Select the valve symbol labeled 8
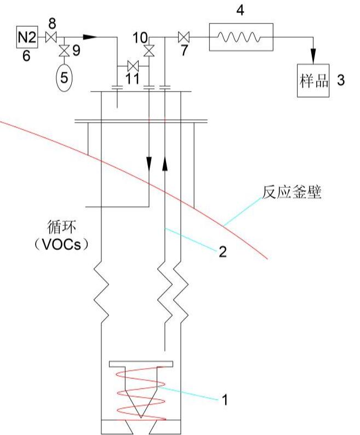[x=52, y=37]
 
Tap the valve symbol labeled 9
[x=64, y=51]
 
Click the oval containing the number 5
[x=64, y=77]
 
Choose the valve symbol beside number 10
[x=148, y=51]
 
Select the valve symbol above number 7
[x=185, y=37]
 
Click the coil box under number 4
[x=241, y=37]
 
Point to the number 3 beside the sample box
[x=341, y=81]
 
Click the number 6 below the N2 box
[x=26, y=56]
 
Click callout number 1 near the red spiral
[x=224, y=399]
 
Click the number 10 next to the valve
[x=139, y=37]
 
